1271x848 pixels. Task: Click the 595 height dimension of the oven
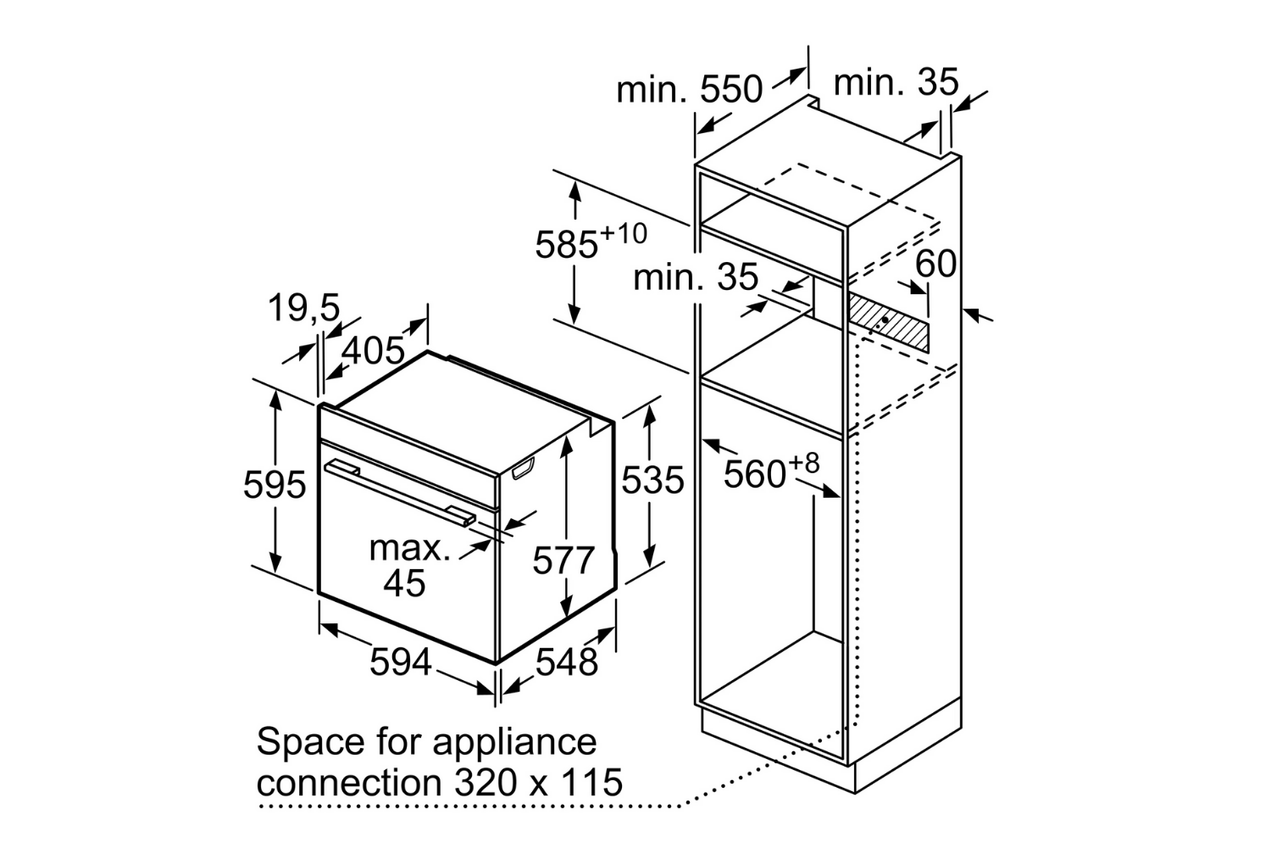pos(274,485)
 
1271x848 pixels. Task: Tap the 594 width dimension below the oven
pos(400,661)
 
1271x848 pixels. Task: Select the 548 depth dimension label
pos(567,661)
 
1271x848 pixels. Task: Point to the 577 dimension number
pos(564,561)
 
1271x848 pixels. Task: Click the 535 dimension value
pos(652,481)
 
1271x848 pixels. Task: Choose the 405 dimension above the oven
pos(373,349)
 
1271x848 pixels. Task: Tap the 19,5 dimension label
pos(304,309)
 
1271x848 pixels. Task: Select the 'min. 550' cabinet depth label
pos(689,88)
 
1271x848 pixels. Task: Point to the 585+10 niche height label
pos(590,242)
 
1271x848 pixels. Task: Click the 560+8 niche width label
pos(771,471)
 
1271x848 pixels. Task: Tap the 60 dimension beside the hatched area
pos(935,265)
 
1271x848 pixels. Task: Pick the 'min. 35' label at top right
pos(896,83)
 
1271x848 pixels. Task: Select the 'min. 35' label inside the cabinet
pos(695,276)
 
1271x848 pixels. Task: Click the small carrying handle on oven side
pos(523,467)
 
